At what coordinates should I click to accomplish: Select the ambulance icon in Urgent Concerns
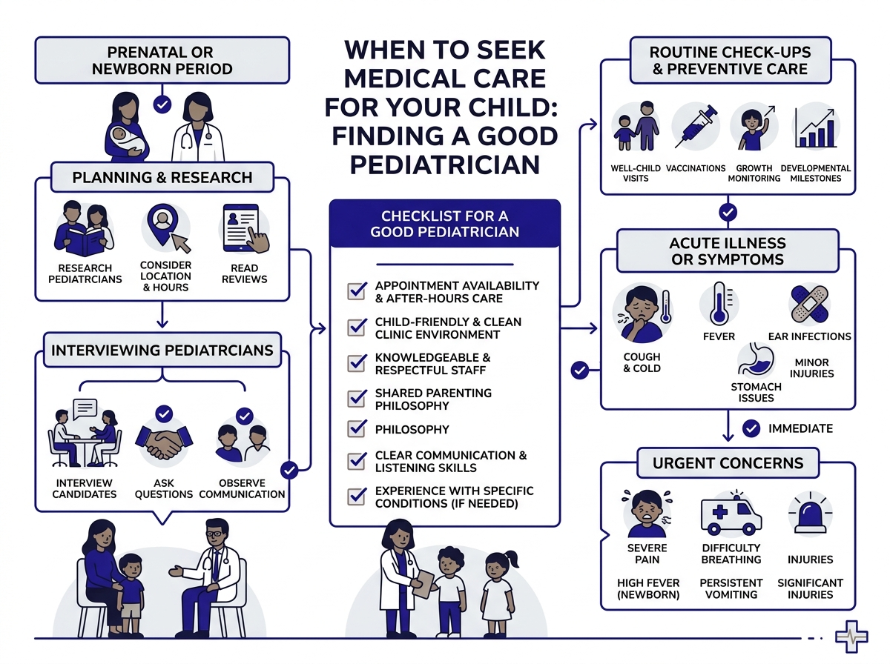click(731, 513)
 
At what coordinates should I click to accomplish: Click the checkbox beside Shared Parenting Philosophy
click(357, 399)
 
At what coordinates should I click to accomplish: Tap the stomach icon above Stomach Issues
click(755, 359)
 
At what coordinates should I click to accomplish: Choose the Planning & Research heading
click(162, 178)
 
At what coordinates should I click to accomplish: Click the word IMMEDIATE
click(800, 428)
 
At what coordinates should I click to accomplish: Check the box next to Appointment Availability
click(357, 290)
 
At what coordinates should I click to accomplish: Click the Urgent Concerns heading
click(728, 464)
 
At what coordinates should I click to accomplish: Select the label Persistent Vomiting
click(731, 588)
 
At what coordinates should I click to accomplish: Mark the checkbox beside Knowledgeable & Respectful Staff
click(357, 363)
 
